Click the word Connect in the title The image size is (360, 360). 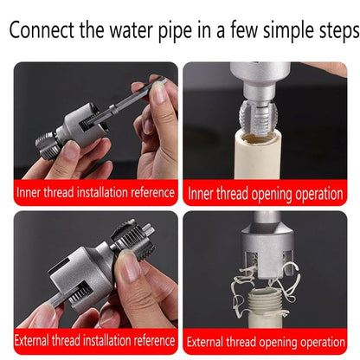tap(44, 33)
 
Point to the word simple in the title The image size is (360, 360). tap(286, 33)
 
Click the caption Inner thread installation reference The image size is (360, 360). tap(95, 192)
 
